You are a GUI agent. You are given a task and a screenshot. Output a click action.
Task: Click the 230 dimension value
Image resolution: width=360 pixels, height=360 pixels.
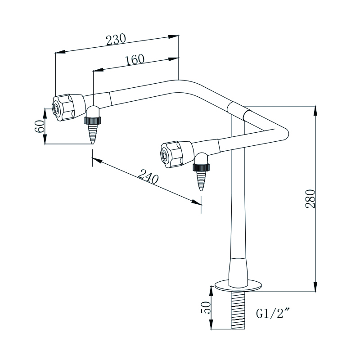[x=116, y=40]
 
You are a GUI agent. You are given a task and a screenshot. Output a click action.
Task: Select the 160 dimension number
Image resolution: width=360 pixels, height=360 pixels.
[x=134, y=60]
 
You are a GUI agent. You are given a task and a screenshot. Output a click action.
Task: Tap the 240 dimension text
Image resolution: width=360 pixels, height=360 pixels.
[x=148, y=176]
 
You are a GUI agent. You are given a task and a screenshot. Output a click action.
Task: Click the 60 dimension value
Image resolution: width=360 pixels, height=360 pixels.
[x=39, y=126]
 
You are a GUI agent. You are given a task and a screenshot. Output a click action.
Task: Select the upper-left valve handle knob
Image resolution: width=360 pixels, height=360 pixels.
[x=67, y=107]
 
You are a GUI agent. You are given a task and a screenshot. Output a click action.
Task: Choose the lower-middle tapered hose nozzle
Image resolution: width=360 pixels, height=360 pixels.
[x=201, y=179]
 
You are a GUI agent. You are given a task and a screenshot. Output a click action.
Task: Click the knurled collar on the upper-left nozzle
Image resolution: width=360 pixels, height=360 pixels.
[x=92, y=120]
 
